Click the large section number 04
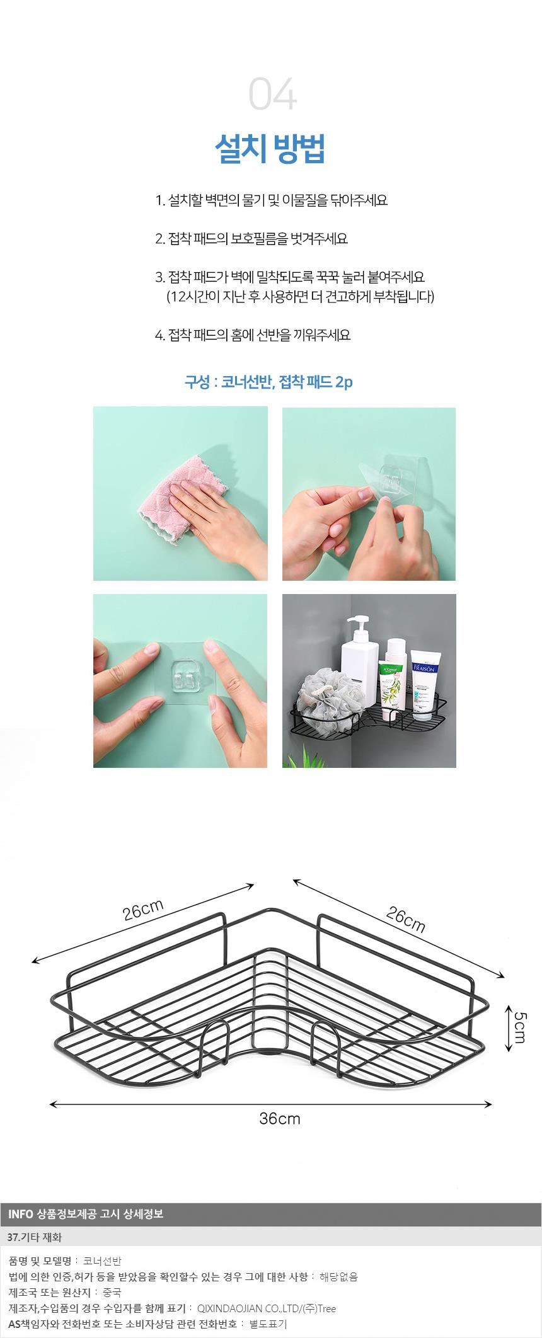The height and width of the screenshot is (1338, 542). tap(272, 94)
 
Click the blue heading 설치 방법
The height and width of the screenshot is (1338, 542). tap(270, 149)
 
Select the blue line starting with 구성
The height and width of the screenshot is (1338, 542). tap(268, 382)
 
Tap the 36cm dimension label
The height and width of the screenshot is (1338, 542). tap(280, 1119)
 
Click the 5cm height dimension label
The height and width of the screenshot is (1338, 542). tap(520, 1027)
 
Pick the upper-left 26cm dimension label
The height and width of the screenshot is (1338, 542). tap(143, 910)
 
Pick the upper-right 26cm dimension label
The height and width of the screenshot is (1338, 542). tap(406, 920)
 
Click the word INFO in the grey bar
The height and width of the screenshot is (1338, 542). tap(20, 1213)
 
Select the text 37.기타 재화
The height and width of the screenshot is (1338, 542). tap(35, 1237)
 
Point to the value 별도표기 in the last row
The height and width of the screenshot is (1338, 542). tap(268, 1324)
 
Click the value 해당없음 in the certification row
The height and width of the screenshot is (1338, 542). tap(338, 1277)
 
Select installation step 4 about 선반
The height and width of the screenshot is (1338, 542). tap(253, 334)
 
